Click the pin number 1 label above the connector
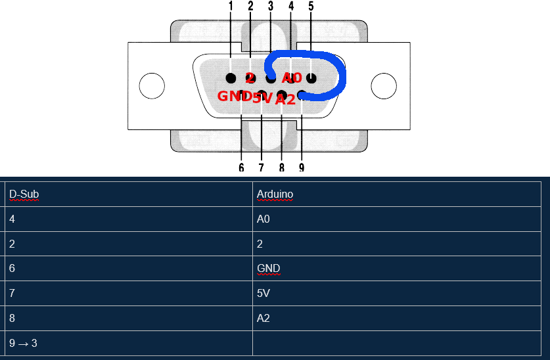231,7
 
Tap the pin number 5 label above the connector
311,7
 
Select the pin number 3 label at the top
271,7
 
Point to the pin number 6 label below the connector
241,168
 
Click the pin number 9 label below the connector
302,168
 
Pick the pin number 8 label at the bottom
281,168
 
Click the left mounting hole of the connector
152,85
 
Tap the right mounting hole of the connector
384,85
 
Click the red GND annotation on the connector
233,97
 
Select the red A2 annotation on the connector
285,100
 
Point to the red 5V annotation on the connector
262,99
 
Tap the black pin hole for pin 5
311,78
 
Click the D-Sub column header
24,194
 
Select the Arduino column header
275,194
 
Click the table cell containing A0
263,219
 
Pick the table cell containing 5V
263,294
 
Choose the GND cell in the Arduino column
268,269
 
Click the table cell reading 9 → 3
23,343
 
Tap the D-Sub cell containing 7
12,294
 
